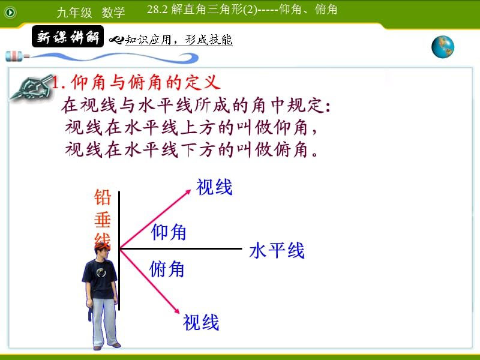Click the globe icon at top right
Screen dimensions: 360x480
(x=443, y=47)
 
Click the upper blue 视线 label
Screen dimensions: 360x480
(x=214, y=187)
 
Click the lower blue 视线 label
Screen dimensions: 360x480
(x=201, y=322)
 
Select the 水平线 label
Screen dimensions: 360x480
(x=277, y=250)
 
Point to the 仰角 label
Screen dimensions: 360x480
(x=169, y=232)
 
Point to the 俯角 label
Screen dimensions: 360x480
(x=167, y=269)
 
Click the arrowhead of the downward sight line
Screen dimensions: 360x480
(x=178, y=310)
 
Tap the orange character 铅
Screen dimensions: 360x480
(x=103, y=198)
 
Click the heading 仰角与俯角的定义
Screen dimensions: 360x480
(x=137, y=82)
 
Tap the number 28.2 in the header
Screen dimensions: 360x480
(x=157, y=10)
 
